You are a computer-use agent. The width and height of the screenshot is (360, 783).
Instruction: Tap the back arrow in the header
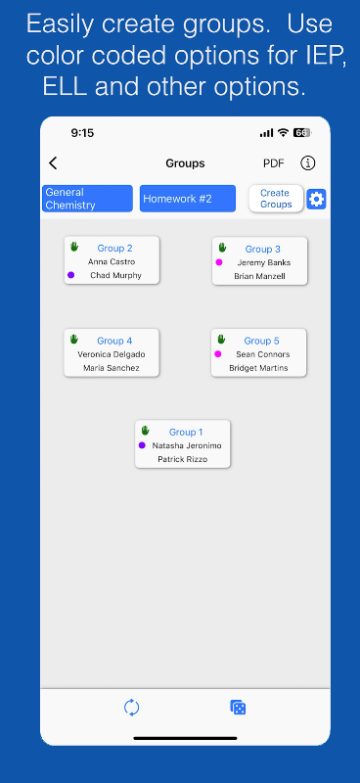click(53, 163)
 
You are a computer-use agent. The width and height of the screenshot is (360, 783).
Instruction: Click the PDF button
click(274, 163)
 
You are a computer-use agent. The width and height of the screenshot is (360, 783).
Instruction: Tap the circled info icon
click(308, 163)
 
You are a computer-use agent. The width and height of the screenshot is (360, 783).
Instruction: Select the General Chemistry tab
click(87, 199)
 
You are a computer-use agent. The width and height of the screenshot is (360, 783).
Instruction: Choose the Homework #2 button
click(188, 199)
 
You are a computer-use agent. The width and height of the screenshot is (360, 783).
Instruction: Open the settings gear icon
click(317, 200)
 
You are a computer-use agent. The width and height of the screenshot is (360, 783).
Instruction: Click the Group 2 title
click(114, 249)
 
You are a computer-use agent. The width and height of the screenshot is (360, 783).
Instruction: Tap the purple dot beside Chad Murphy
click(70, 275)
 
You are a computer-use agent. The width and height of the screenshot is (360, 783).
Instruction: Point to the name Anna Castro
click(112, 261)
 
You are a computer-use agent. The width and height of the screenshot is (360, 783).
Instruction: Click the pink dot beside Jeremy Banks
click(219, 262)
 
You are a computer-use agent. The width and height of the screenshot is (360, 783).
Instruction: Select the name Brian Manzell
click(259, 276)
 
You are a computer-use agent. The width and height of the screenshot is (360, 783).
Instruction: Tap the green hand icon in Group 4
click(74, 339)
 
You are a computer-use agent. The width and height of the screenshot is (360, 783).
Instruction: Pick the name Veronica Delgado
click(112, 354)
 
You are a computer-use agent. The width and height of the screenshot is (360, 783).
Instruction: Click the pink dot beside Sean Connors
click(218, 354)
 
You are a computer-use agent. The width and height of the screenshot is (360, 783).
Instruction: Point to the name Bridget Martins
click(259, 368)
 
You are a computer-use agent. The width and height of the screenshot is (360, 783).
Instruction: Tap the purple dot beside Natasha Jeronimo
click(142, 445)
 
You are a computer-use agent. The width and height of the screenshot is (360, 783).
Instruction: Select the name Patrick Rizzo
click(183, 459)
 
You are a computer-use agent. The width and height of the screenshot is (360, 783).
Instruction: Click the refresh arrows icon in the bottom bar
click(132, 708)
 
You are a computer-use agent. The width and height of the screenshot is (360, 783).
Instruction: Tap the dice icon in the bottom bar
click(238, 708)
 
